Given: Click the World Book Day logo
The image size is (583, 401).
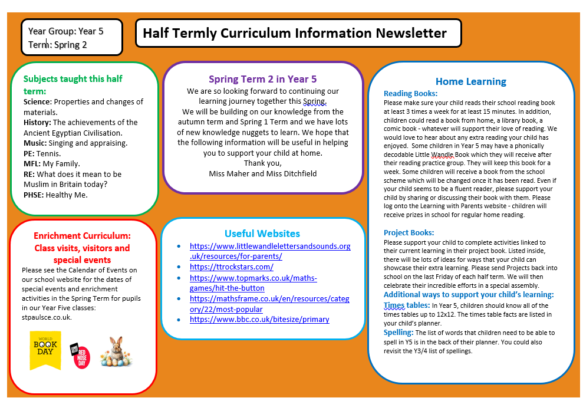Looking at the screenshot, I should coord(45,350).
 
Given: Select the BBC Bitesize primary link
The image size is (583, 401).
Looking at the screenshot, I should coord(259,320).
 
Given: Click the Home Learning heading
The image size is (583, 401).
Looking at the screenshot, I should coord(470,82).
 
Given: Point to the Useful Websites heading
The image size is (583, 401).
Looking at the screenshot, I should coord(262,234).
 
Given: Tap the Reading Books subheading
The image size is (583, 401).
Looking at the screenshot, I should coord(410,93).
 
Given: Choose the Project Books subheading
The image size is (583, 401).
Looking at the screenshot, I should coord(409,232).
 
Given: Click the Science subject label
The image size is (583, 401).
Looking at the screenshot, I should coord(37,102).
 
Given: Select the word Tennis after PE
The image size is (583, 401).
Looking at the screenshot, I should coord(49,153).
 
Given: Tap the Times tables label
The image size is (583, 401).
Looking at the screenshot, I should coord(407,305).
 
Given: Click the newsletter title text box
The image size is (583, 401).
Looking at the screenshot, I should coord(298,33).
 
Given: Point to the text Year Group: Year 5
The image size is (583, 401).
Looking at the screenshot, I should coord(66,31).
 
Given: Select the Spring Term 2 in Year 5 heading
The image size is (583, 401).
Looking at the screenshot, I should coord(262,79).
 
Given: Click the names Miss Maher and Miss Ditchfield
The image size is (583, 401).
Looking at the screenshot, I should coord(262,173).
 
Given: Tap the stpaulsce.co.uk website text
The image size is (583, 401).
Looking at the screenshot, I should coord(47,317).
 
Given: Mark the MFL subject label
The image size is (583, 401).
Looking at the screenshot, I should coord(32,164).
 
